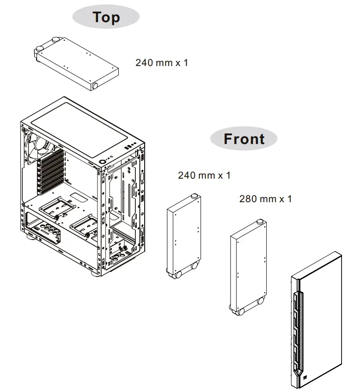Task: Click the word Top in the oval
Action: (106, 17)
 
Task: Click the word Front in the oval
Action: (244, 139)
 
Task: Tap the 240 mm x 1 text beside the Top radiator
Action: (162, 62)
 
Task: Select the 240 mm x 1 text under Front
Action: (204, 175)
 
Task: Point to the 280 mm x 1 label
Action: (265, 199)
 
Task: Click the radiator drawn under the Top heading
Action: (76, 64)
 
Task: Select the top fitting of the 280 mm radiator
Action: (260, 223)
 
